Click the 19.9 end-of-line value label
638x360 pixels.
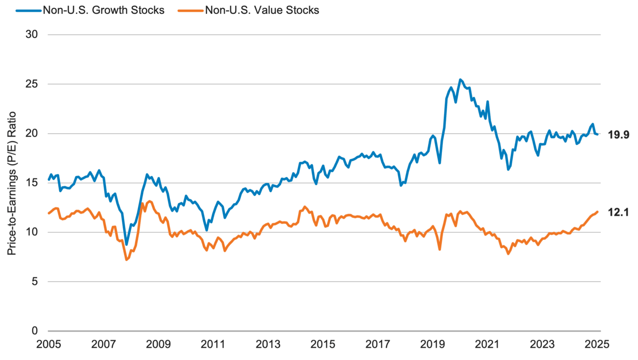pos(619,135)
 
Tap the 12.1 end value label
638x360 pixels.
pos(619,213)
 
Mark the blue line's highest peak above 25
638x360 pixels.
pos(460,80)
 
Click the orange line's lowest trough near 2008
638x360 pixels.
pos(127,259)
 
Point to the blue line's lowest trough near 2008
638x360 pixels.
pos(127,245)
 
